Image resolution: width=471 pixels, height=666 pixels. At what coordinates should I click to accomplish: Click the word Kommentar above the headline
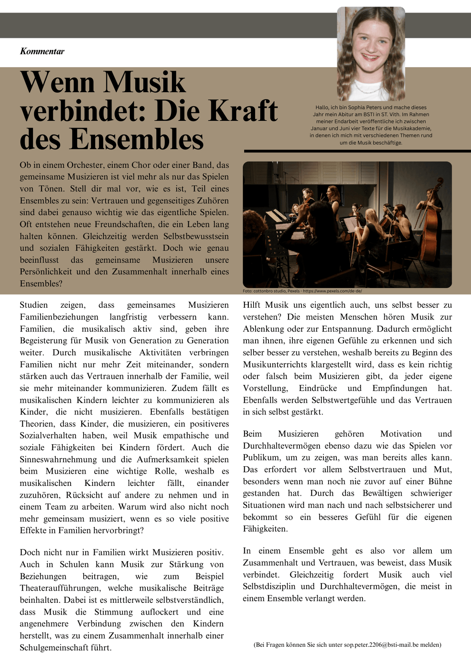[42, 51]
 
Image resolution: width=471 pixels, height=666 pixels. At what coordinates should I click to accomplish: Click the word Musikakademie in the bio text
[412, 128]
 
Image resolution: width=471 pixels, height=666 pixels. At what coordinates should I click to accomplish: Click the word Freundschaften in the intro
[124, 224]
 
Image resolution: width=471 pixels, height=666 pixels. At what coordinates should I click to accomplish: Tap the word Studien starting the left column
[34, 305]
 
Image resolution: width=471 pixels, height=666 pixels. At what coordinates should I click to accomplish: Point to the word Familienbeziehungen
[59, 317]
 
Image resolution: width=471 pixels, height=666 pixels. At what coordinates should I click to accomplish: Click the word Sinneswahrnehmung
[58, 460]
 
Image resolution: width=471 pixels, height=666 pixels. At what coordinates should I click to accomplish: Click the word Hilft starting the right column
[252, 305]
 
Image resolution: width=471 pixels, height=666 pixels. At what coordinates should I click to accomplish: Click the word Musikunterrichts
[275, 365]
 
